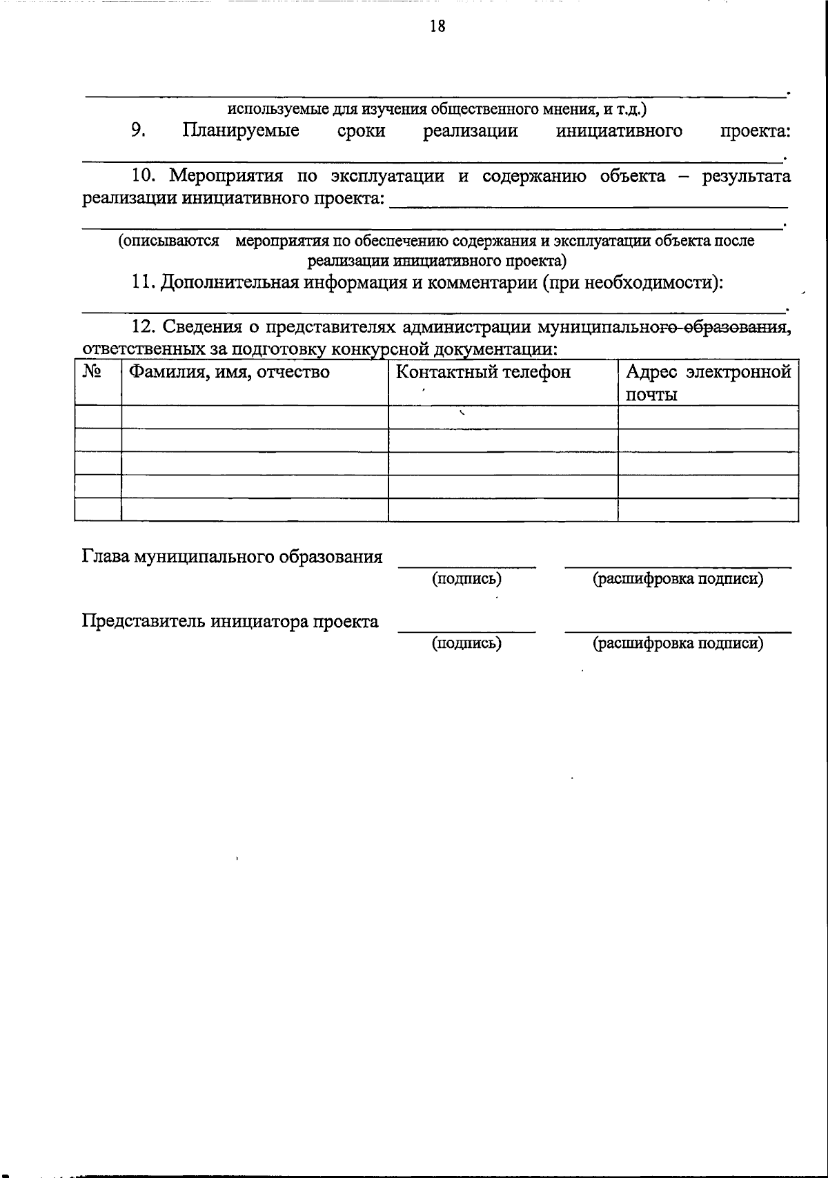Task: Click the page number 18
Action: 437,26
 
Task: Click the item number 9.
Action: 137,130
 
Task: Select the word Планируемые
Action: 241,130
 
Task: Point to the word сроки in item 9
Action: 361,131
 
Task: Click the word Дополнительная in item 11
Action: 228,284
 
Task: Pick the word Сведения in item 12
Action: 204,326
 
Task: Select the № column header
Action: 92,373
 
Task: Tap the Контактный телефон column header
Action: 483,373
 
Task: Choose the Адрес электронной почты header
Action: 708,383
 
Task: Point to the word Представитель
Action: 144,621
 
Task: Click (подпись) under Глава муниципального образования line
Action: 466,579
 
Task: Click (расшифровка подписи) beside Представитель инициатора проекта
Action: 678,644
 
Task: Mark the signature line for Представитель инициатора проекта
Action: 466,630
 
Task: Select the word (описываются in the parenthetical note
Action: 168,241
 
